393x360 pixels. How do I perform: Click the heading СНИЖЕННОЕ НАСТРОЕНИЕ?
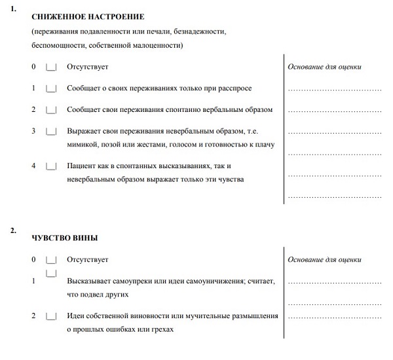coord(88,16)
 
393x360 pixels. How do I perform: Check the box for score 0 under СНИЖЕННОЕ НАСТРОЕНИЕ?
coord(52,67)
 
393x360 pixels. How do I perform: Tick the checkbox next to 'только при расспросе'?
coord(52,88)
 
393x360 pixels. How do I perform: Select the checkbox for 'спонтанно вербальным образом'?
coord(52,109)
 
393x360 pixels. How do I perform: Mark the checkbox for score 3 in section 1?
coord(52,131)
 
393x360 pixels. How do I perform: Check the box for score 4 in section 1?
coord(52,166)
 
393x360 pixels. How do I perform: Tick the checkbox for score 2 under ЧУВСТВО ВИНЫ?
coord(52,317)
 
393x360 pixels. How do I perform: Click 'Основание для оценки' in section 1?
coord(324,67)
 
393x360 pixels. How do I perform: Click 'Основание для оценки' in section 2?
coord(324,260)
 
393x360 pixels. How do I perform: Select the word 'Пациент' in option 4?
coord(83,166)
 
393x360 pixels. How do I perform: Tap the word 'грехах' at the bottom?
coord(162,329)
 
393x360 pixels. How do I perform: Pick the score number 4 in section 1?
coord(33,166)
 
